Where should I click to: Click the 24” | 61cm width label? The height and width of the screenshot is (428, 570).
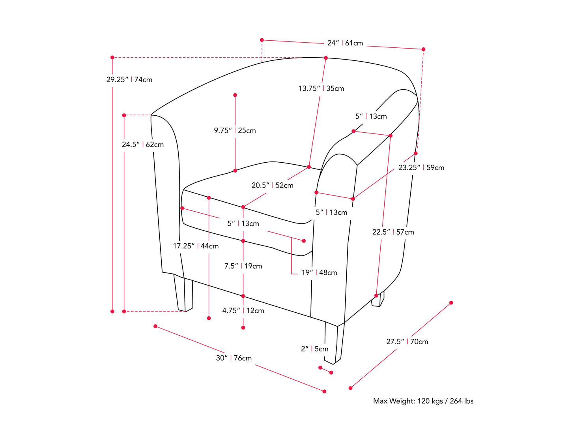coord(345,43)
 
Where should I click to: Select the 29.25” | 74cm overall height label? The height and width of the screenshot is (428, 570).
coord(129,80)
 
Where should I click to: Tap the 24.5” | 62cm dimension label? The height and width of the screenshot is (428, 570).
coord(143,145)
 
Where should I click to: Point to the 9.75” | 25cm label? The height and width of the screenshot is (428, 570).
coord(235,131)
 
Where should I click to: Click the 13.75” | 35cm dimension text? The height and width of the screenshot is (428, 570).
coord(321,88)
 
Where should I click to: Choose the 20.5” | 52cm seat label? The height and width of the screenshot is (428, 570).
coord(273,185)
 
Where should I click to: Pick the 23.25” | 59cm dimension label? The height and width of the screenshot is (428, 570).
coord(421,167)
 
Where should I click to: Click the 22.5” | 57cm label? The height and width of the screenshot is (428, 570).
coord(393,232)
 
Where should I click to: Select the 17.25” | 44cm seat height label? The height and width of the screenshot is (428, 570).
coord(196,246)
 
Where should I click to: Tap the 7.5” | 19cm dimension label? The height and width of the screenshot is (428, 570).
coord(243,266)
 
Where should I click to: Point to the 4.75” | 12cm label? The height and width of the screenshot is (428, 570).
coord(243,311)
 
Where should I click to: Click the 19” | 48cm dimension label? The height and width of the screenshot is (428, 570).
coord(319,272)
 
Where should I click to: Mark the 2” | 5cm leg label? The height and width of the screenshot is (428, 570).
coord(314,349)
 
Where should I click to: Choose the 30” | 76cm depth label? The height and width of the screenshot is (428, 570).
coord(234,358)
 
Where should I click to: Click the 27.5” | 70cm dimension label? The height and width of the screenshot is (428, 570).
coord(407,342)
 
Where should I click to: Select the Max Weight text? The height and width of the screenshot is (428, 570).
coord(423,401)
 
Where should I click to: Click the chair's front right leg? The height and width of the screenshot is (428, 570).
coord(332,344)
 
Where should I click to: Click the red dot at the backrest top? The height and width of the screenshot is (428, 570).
coord(326,58)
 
